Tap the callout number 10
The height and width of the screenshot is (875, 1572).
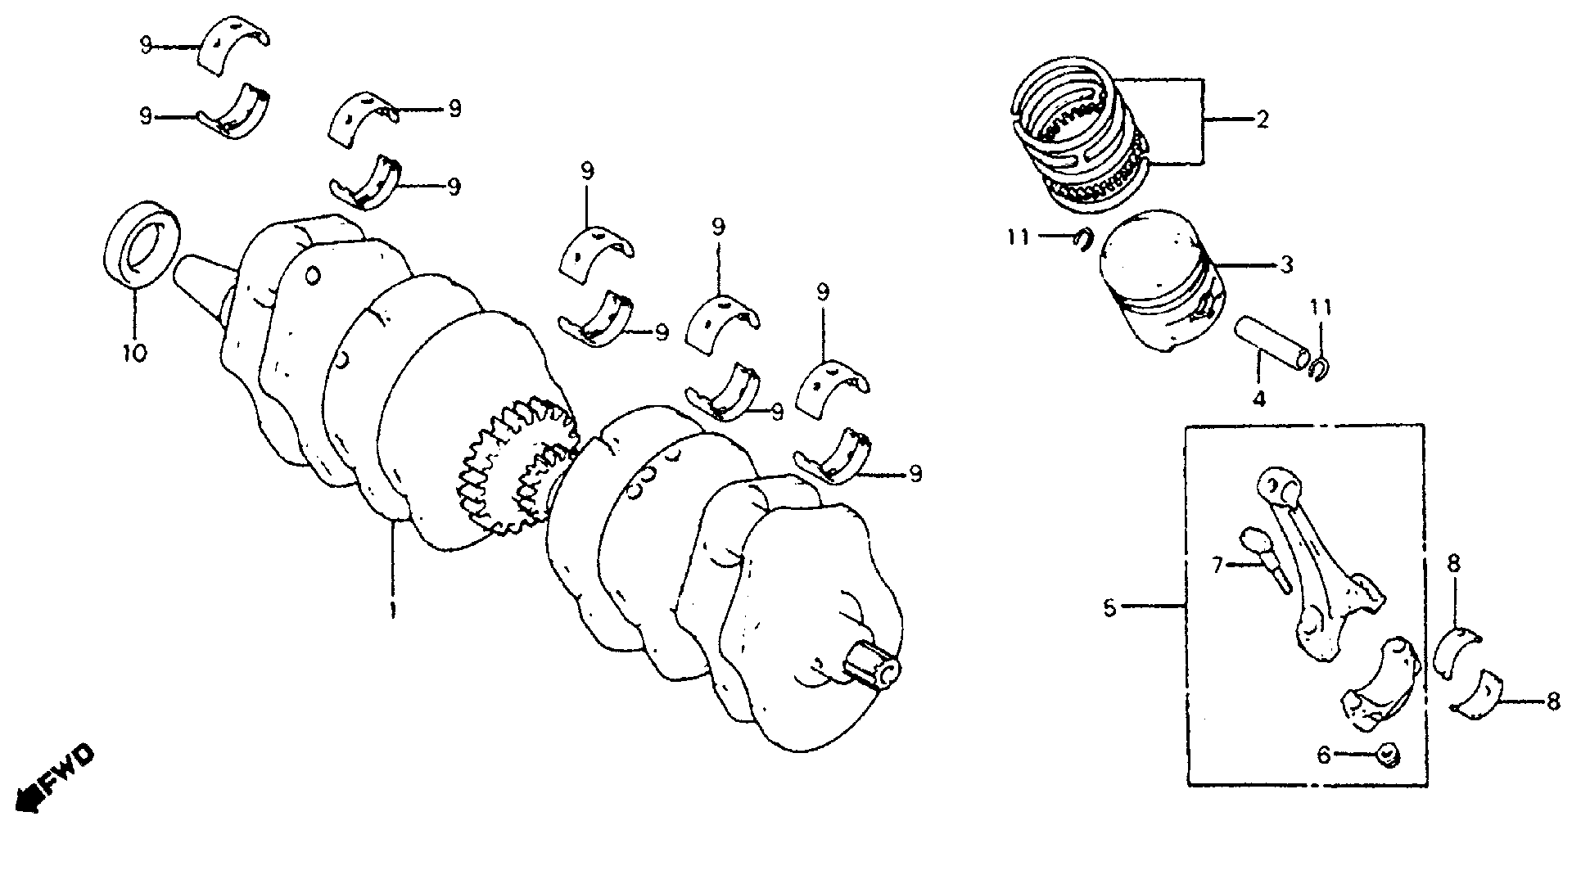(x=134, y=353)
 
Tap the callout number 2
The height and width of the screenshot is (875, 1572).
(x=1262, y=120)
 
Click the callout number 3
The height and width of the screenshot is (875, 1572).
(x=1286, y=264)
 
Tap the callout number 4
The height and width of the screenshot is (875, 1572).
(x=1258, y=399)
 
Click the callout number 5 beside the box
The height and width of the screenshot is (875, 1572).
(x=1109, y=607)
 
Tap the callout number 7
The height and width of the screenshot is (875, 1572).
(x=1217, y=564)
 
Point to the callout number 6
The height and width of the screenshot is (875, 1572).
(x=1324, y=755)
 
